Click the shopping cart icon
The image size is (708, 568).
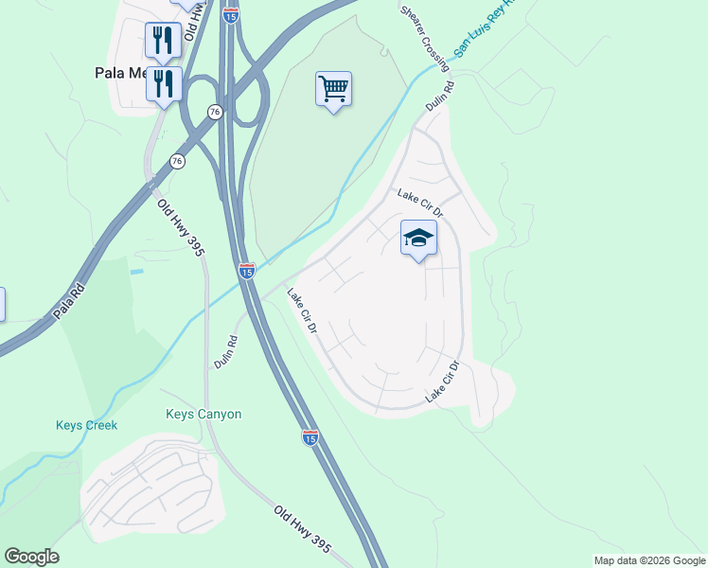[x=333, y=89]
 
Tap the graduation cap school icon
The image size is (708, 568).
[x=418, y=238]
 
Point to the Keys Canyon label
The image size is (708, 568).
[x=204, y=414]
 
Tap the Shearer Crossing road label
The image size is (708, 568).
[x=418, y=30]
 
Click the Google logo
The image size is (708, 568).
[x=31, y=556]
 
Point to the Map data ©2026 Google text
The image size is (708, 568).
[x=649, y=560]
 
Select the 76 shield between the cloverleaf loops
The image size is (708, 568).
[x=216, y=112]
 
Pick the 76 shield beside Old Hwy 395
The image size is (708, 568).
[x=177, y=162]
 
